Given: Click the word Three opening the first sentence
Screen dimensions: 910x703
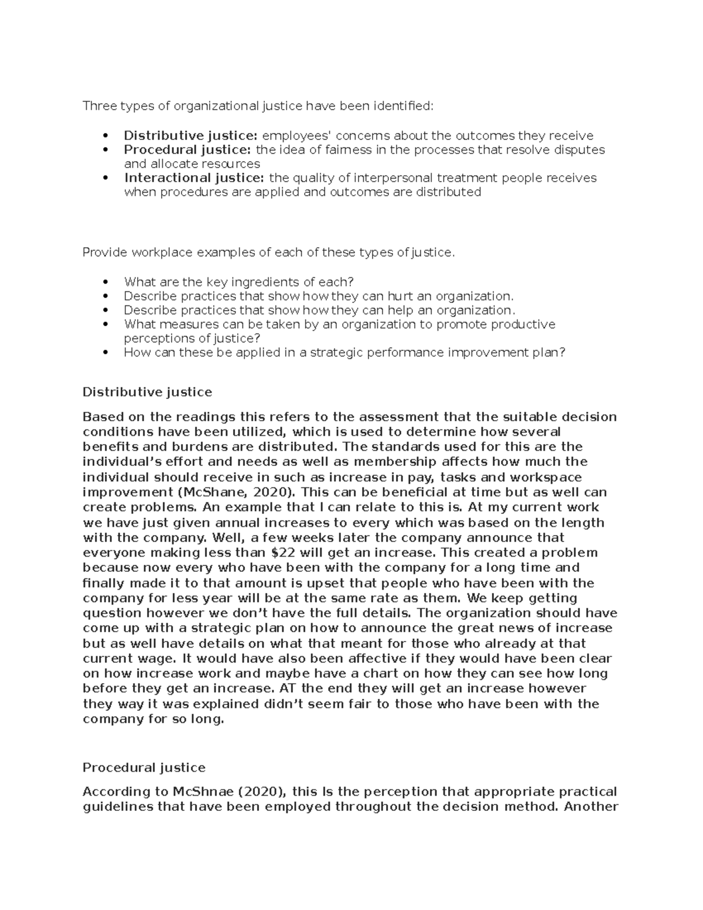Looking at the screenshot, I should click(100, 106).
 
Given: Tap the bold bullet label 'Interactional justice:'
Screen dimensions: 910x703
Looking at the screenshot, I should click(194, 178).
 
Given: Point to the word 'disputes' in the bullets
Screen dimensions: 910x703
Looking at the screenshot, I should click(581, 150).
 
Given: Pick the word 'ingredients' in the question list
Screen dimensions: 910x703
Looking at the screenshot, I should click(254, 282).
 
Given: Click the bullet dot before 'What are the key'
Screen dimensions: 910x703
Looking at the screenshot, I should click(105, 282).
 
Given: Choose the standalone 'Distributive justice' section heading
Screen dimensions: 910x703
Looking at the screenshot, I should click(147, 391).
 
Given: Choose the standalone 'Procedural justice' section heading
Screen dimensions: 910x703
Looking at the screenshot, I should click(144, 768).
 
